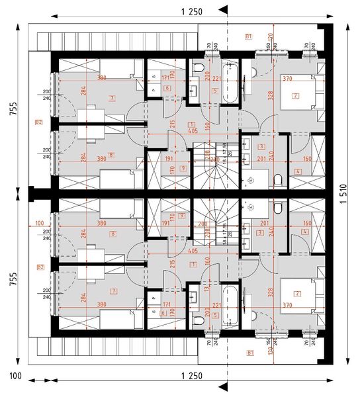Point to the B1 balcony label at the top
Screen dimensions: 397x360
point(249,34)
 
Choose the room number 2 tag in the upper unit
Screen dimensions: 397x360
point(296,95)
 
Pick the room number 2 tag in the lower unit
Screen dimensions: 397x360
point(296,293)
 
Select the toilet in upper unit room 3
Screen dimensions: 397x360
point(278,178)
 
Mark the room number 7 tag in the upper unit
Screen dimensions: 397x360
point(113,98)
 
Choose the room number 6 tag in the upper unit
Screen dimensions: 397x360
point(167,88)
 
